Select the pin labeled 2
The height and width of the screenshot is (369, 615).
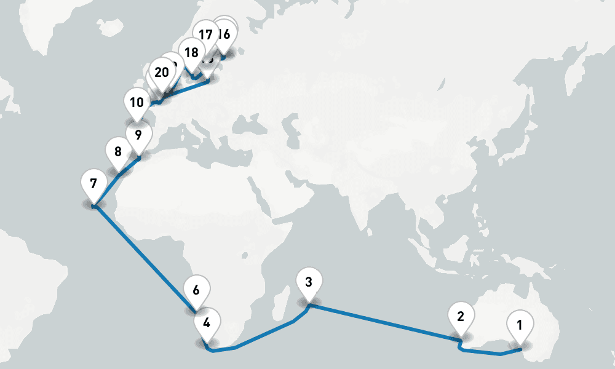pyautogui.click(x=460, y=317)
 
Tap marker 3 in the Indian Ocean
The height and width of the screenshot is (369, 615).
pyautogui.click(x=309, y=283)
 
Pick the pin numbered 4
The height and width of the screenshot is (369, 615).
pyautogui.click(x=207, y=322)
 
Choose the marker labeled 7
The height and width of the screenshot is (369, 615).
pyautogui.click(x=93, y=184)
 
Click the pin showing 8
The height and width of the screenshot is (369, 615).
pyautogui.click(x=117, y=151)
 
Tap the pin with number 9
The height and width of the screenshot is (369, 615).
pyautogui.click(x=138, y=135)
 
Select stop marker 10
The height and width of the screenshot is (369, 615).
pyautogui.click(x=137, y=102)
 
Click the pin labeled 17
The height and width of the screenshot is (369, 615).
pyautogui.click(x=205, y=34)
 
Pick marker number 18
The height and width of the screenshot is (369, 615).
pyautogui.click(x=191, y=53)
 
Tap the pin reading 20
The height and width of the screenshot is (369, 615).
pyautogui.click(x=162, y=73)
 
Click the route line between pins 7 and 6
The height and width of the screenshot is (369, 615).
pyautogui.click(x=145, y=258)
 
